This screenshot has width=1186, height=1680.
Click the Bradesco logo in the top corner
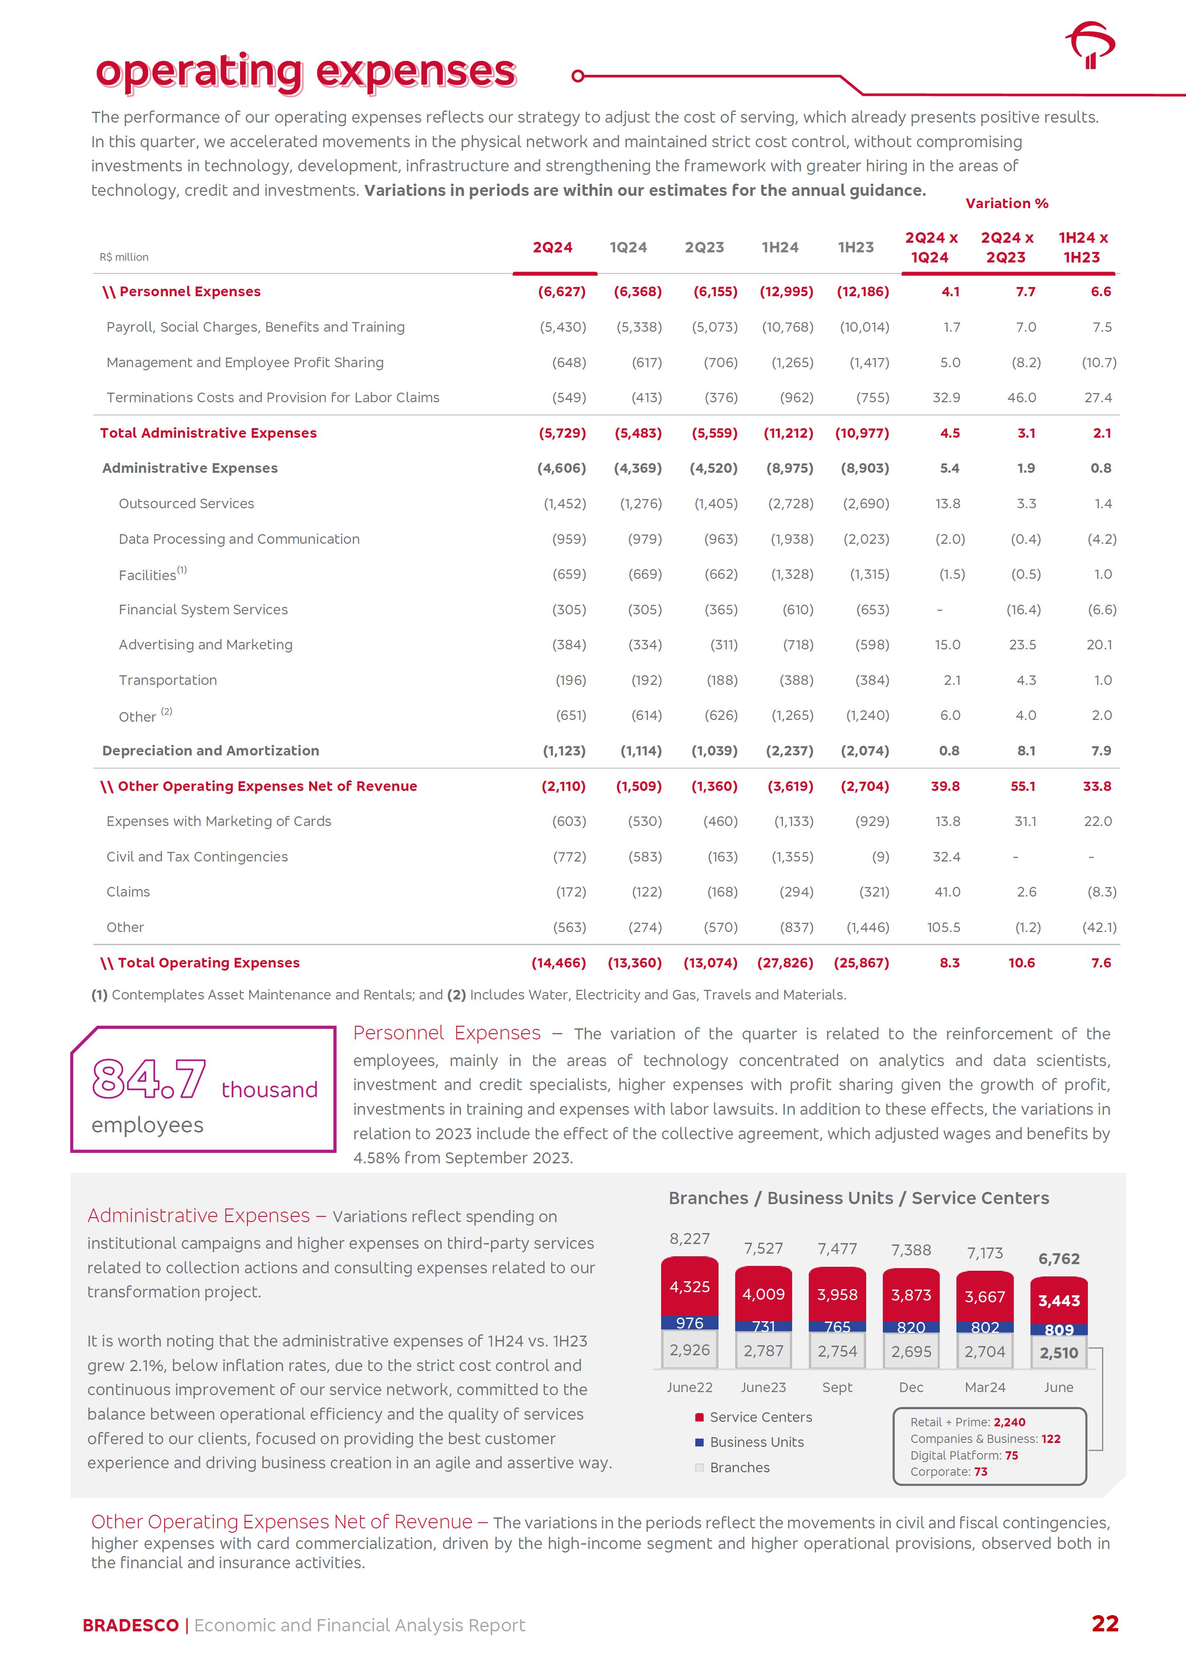pos(1090,45)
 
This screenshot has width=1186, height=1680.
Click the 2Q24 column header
pos(552,247)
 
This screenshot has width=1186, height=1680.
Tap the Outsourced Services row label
pos(187,503)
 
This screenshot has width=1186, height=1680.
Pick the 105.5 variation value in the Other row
pos(943,927)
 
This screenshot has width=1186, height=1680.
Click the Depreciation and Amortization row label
pos(211,751)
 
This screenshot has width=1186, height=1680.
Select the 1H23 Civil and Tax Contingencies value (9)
pos(880,857)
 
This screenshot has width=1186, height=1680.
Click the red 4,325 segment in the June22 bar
pos(689,1287)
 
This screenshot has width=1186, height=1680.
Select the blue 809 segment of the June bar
pos(1059,1329)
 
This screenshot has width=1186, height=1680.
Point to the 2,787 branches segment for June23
pos(763,1351)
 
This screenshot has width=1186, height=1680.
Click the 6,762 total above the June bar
pos(1059,1258)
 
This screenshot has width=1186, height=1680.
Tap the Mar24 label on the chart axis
pos(985,1387)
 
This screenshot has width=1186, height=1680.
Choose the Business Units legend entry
pos(757,1442)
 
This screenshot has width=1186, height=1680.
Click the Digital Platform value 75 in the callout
pos(1011,1455)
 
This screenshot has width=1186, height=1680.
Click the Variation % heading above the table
pos(1007,203)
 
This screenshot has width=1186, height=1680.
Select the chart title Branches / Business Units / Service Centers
pos(858,1198)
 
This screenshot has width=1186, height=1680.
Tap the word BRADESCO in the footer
pos(130,1625)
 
